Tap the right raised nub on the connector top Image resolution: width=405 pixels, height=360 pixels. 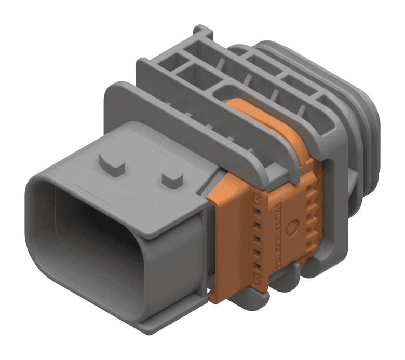172,179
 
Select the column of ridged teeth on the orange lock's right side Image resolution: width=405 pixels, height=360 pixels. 311,207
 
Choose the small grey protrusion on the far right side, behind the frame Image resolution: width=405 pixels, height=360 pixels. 355,182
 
